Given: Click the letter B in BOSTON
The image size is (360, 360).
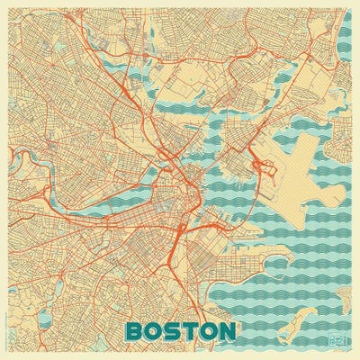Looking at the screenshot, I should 136,331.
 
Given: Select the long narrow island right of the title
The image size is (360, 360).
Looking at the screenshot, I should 297,318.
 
